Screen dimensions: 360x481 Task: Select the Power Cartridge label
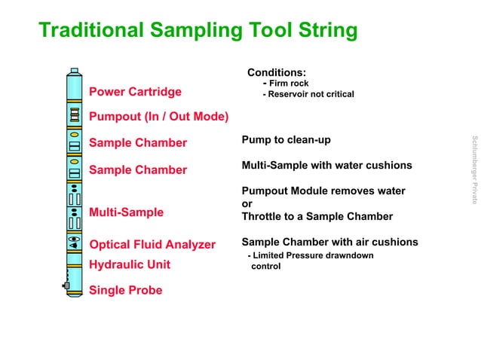[x=135, y=92]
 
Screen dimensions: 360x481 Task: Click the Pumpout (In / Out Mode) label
[x=158, y=117]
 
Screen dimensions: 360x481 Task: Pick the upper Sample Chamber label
[x=138, y=143]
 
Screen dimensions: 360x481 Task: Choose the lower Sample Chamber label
[x=138, y=169]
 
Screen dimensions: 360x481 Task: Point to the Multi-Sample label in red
[x=126, y=212]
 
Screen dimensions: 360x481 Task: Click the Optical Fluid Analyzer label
[x=152, y=245]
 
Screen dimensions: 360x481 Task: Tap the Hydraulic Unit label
[x=130, y=264]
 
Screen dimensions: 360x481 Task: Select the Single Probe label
[x=125, y=290]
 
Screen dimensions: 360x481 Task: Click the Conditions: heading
[x=276, y=72]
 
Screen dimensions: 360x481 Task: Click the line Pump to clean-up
[x=286, y=140]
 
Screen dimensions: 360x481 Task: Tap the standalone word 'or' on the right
[x=247, y=204]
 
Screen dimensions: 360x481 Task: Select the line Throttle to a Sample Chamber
[x=317, y=216]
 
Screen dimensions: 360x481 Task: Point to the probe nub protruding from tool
[x=66, y=285]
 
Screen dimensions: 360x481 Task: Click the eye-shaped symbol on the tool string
[x=75, y=243]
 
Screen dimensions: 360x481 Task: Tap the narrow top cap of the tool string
[x=74, y=73]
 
